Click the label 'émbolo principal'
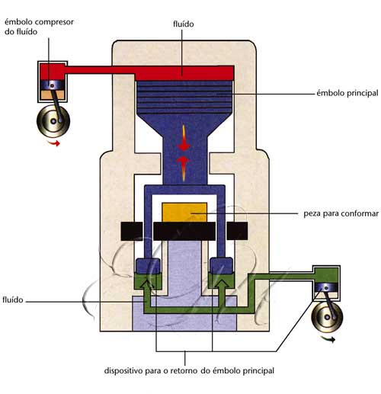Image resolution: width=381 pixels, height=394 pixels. pos(347,93)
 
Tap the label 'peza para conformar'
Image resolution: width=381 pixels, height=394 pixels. pos(341,213)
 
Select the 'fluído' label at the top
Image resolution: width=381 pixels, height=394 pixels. pos(184,24)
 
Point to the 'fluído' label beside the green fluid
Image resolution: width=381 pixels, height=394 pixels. pos(13,300)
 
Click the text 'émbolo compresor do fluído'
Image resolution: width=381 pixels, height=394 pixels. pos(39,27)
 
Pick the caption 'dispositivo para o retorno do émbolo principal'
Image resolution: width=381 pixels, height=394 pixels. pos(189,370)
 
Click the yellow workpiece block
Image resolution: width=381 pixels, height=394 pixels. pos(184,212)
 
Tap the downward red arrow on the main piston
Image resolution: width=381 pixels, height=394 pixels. pos(184,138)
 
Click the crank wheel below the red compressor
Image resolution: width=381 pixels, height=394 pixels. pos(53,120)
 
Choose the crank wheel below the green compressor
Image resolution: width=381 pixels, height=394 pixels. pos(327,317)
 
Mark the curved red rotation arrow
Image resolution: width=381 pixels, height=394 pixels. pos(54,143)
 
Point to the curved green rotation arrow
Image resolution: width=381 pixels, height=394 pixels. pos(328,339)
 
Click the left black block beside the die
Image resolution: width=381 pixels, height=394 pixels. pos(132,231)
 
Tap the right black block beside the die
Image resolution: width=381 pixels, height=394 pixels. pos(237,231)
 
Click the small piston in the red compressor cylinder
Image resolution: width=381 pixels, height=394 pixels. pos(53,85)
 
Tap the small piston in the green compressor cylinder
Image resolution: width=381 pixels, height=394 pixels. pos(326,287)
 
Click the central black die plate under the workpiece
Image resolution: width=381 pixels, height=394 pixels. pos(184,231)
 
